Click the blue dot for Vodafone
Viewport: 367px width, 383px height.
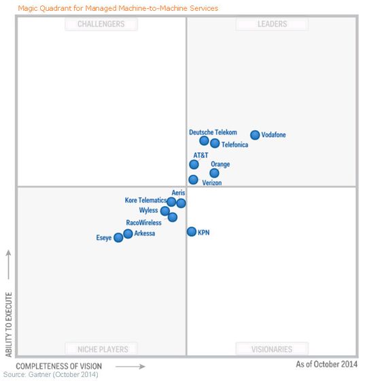click(x=255, y=135)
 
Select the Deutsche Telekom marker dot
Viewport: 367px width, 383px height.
click(x=204, y=141)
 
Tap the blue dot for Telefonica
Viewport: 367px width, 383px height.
click(x=215, y=144)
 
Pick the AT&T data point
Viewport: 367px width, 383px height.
click(x=194, y=165)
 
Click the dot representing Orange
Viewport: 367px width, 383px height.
click(x=214, y=173)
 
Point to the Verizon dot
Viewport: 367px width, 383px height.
click(x=193, y=180)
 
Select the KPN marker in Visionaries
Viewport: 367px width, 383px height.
click(x=192, y=232)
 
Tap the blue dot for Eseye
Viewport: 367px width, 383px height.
click(x=118, y=237)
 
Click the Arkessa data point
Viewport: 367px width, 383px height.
click(x=128, y=234)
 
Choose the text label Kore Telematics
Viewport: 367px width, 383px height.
click(x=145, y=201)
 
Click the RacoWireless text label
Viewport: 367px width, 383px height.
click(x=144, y=222)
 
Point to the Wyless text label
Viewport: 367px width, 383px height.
click(x=148, y=211)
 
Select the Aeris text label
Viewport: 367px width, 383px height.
click(x=178, y=193)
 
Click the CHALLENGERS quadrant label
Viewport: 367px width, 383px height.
click(x=101, y=24)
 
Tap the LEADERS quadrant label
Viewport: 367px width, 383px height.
click(x=272, y=24)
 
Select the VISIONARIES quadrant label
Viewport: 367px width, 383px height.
click(x=272, y=349)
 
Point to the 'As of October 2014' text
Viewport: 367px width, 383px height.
click(x=326, y=365)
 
